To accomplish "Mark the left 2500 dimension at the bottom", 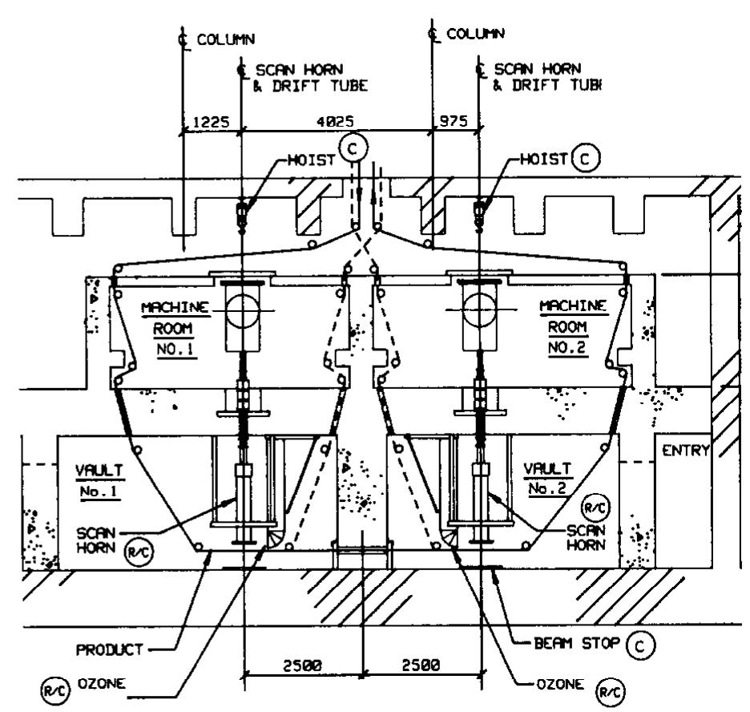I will point(303,665).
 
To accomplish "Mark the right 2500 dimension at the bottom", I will point(421,665).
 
